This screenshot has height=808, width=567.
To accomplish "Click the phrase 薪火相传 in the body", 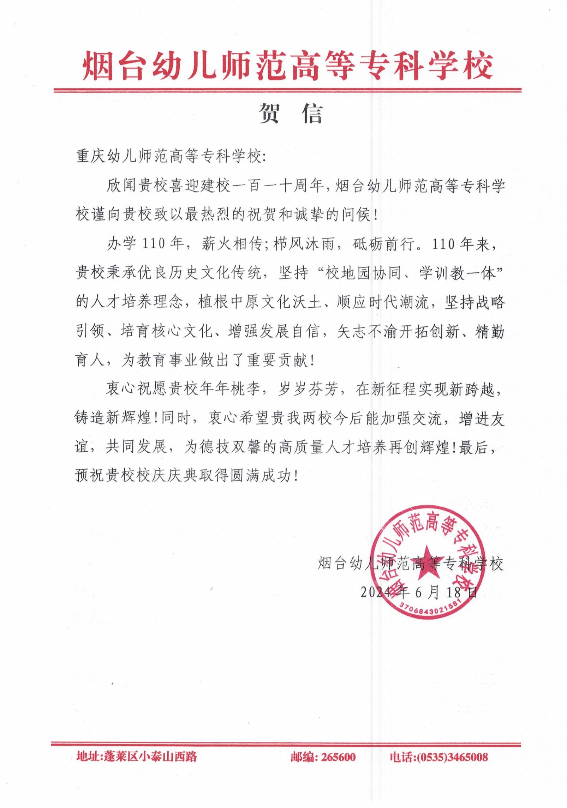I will tap(231, 245).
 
